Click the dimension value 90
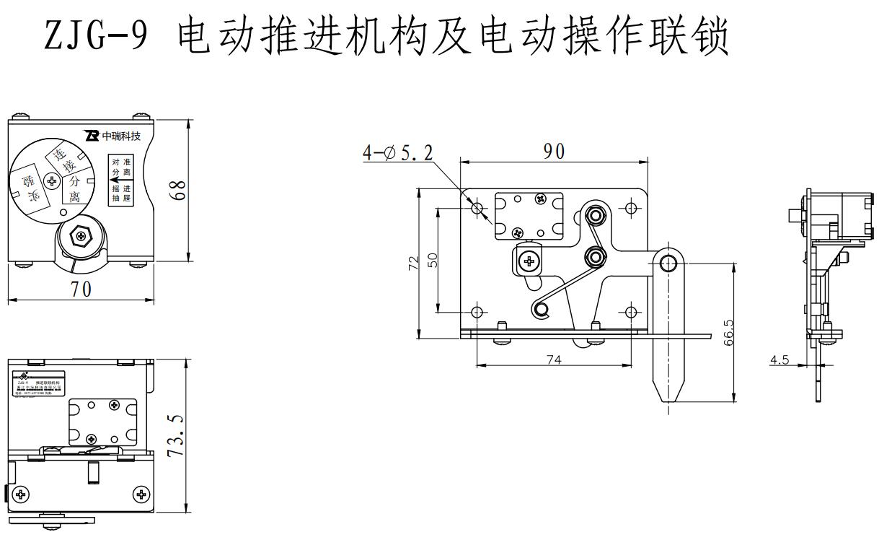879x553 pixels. (555, 152)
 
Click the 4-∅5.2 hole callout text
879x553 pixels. (398, 153)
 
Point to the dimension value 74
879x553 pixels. (553, 359)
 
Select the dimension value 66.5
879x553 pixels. (729, 334)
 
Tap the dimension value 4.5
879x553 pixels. (779, 359)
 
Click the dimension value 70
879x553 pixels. (81, 289)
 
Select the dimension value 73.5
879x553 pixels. (176, 435)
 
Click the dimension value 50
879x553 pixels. (432, 260)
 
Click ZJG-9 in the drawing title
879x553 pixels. (97, 36)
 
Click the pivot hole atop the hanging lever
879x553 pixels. (668, 261)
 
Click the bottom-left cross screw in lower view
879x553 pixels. (22, 495)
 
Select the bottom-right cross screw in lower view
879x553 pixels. (142, 495)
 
